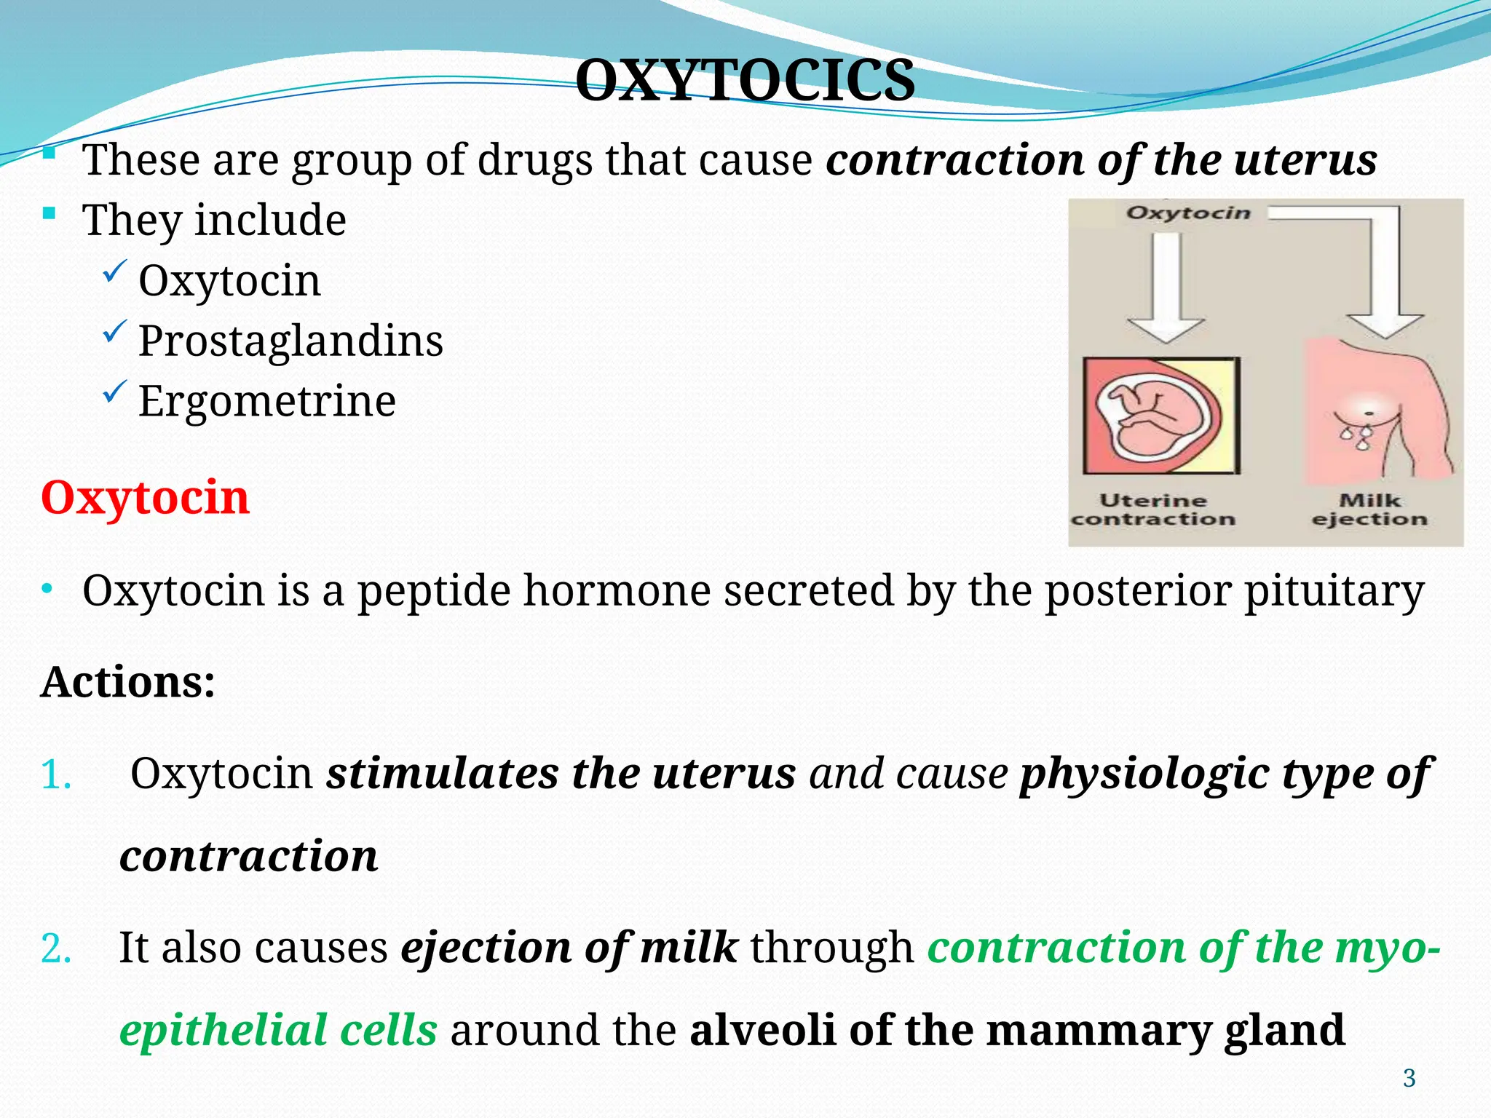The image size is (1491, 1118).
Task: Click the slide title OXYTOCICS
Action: [745, 80]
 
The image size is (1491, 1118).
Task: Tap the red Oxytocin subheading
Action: [145, 498]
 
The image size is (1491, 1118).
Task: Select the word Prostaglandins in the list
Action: [290, 341]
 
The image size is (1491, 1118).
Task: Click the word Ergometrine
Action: [267, 401]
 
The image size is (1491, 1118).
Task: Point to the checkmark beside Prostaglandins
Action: [115, 332]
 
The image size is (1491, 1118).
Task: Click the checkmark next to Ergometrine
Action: [115, 392]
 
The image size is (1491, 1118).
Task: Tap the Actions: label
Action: [128, 682]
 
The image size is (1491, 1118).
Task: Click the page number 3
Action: [1409, 1078]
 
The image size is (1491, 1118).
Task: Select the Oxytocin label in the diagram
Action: [1188, 213]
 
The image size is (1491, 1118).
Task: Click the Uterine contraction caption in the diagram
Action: [1153, 510]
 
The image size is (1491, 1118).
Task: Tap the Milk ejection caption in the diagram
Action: [1369, 510]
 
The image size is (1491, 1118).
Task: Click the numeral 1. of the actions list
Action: [56, 774]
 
